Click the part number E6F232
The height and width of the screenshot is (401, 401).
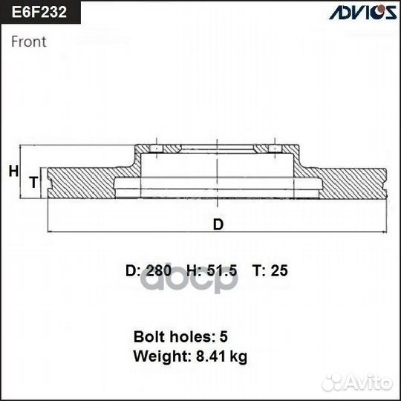pos(38,13)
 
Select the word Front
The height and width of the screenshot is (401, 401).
pos(29,42)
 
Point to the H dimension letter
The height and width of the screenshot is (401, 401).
pos(13,172)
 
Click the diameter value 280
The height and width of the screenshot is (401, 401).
pos(159,271)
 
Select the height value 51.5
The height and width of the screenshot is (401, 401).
pos(221,271)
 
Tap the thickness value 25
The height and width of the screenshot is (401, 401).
pos(279,271)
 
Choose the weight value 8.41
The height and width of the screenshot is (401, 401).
pos(213,356)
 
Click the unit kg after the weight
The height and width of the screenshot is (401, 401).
pos(238,357)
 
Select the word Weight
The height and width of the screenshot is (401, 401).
pos(157,356)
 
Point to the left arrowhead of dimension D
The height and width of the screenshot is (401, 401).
pos(50,231)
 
